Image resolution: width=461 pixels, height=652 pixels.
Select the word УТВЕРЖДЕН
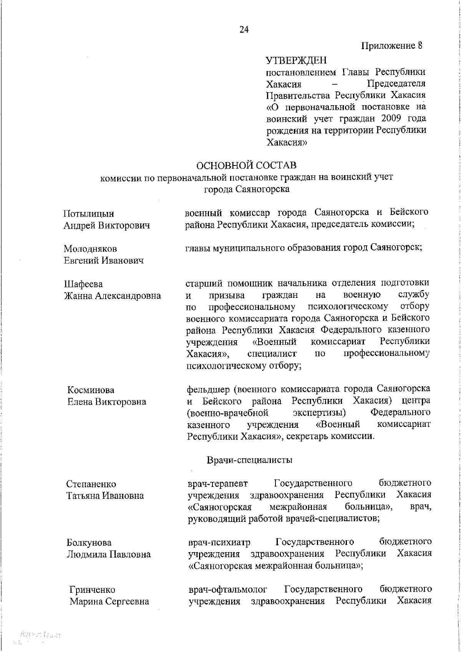tap(296, 60)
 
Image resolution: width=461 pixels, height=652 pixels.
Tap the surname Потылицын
tap(88, 213)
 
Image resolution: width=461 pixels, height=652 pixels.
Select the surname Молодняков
tap(90, 249)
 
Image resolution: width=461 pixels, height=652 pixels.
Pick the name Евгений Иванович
tap(103, 261)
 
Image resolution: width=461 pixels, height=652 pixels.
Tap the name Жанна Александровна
tap(112, 296)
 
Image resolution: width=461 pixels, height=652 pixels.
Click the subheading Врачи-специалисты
tap(250, 460)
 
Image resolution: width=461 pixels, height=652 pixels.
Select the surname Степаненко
tap(91, 484)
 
